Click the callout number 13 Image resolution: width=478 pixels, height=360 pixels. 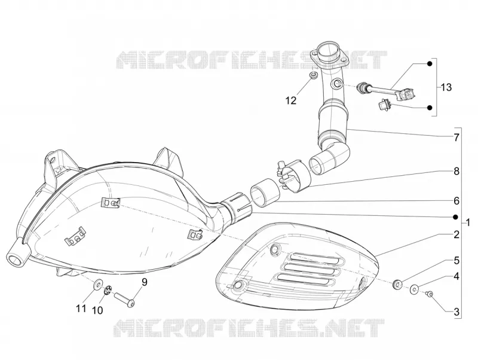[446, 87]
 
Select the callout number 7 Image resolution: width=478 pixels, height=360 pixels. [456, 138]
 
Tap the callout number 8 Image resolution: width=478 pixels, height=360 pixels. [456, 171]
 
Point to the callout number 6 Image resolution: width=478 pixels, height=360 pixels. [456, 201]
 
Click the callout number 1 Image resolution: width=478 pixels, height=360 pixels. [468, 222]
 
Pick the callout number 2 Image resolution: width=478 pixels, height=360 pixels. [456, 234]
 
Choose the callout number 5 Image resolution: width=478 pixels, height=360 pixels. [456, 261]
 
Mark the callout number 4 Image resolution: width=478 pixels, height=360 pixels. [456, 277]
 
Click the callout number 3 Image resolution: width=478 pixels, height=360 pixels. [456, 312]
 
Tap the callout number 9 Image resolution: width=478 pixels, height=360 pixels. [144, 282]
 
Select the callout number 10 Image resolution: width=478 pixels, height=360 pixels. [97, 310]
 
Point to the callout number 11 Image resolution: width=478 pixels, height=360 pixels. [81, 309]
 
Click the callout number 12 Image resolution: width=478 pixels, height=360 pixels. [291, 100]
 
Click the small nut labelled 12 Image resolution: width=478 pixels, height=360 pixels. [312, 75]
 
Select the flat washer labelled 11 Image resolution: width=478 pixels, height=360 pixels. [97, 284]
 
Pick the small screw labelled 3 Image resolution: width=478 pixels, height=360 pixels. [430, 294]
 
